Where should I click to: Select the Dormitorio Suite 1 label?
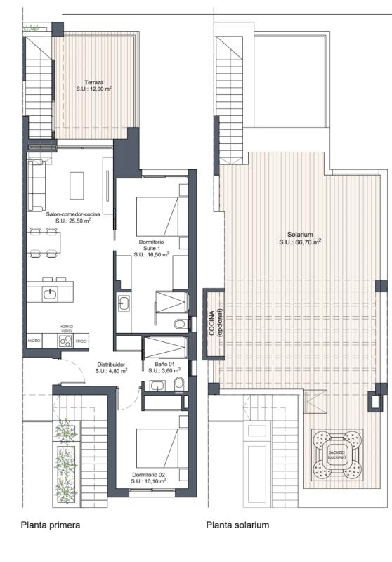point(152,248)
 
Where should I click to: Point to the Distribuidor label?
point(111,368)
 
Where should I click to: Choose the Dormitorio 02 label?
point(148,478)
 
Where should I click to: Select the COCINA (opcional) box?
point(213,325)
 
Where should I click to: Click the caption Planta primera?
point(51,525)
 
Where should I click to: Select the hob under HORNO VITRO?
point(65,342)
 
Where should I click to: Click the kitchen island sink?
point(50,294)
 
